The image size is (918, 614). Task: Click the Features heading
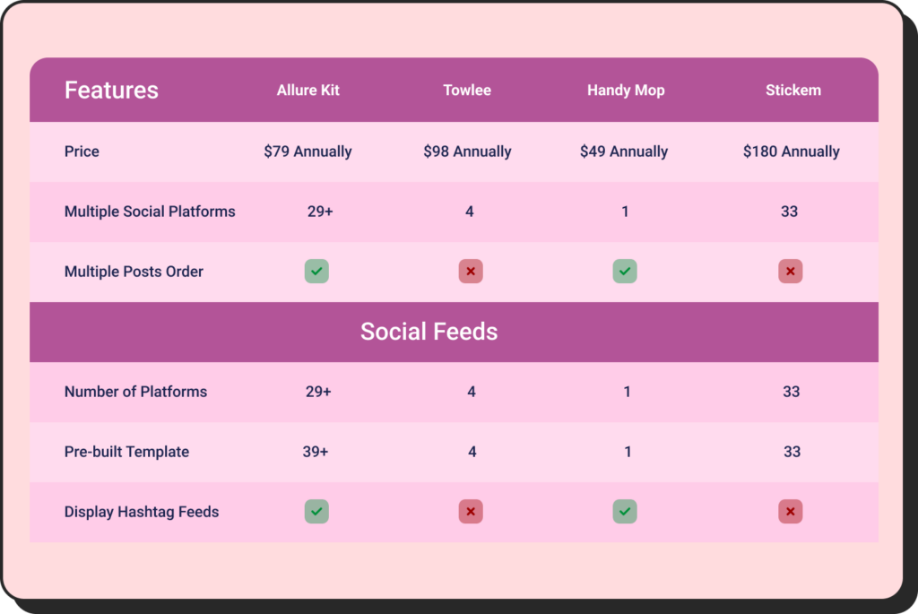(111, 91)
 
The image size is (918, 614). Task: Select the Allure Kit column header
(308, 91)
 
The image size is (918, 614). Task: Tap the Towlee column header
(467, 91)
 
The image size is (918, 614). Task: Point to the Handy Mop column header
(626, 91)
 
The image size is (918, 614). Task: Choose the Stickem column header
(792, 91)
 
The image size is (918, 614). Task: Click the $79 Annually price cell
(307, 151)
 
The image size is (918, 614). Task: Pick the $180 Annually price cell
(791, 151)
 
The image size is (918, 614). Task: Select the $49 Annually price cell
(624, 151)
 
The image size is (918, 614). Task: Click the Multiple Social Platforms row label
(150, 212)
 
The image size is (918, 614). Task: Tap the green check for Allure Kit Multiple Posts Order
(316, 272)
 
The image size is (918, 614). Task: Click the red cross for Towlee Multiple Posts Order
(471, 272)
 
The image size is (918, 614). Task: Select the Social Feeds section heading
(429, 332)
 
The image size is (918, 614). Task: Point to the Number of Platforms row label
(135, 392)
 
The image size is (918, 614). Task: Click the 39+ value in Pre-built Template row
(316, 452)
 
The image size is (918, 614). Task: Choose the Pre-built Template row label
(126, 452)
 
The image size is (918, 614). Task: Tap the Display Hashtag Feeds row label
(142, 512)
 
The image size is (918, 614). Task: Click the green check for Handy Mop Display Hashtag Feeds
(625, 512)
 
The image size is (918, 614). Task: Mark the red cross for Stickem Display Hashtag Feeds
(790, 512)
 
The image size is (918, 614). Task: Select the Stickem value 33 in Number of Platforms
(791, 392)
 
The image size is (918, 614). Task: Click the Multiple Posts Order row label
(134, 272)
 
